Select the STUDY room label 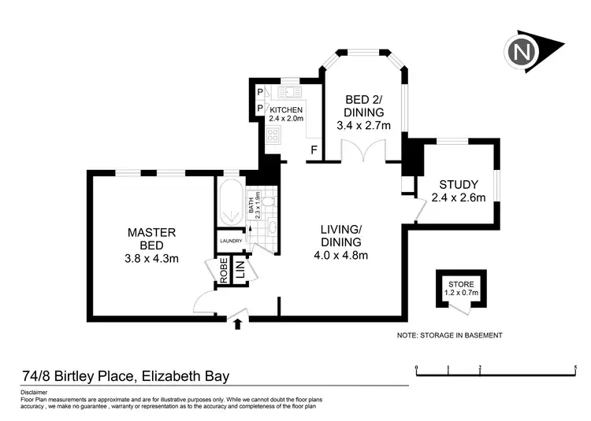coord(458,185)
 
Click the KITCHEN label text coord(285,109)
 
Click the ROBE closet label coord(224,270)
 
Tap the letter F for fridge coord(314,150)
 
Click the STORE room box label coord(461,283)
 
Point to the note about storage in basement coord(449,335)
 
